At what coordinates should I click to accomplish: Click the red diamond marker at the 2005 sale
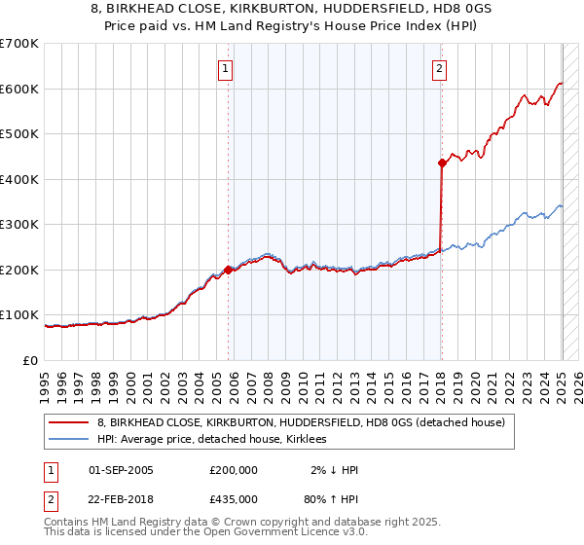[x=228, y=270]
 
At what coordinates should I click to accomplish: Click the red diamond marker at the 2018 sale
[x=442, y=163]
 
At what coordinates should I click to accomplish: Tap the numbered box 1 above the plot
[x=226, y=68]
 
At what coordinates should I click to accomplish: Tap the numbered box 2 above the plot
[x=440, y=68]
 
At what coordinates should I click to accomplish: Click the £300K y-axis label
[x=19, y=225]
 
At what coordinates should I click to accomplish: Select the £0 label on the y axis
[x=29, y=360]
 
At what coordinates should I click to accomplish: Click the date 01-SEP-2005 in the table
[x=121, y=470]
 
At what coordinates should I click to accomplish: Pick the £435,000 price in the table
[x=234, y=498]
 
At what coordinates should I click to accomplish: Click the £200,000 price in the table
[x=234, y=470]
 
